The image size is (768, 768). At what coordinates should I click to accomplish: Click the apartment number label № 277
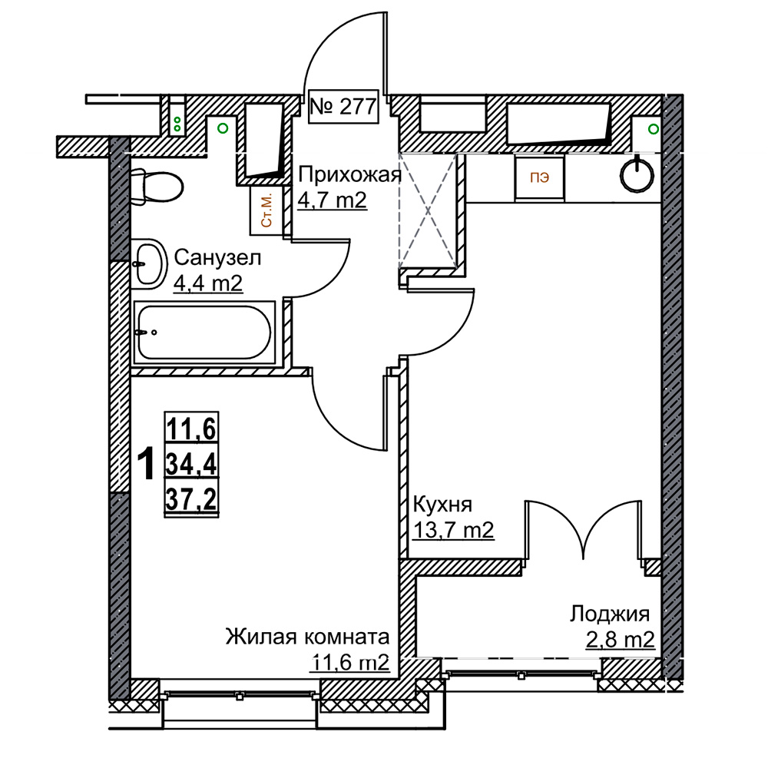tap(343, 106)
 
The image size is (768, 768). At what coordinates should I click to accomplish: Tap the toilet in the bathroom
tap(157, 187)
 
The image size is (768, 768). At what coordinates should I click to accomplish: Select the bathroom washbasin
tap(150, 264)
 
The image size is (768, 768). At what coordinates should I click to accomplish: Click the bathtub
tap(204, 333)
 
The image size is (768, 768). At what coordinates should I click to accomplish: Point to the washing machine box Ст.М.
tap(266, 210)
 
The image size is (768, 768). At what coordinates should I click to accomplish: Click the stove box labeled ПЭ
tap(539, 177)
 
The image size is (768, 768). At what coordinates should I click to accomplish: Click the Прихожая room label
tap(349, 174)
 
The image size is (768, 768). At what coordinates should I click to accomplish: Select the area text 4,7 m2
tap(332, 200)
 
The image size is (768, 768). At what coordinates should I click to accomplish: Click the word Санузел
tap(217, 257)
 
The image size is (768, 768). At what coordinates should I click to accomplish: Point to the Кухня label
tap(443, 504)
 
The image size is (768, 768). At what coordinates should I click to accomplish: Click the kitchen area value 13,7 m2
tap(454, 530)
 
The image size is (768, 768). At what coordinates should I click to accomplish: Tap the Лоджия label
tap(610, 614)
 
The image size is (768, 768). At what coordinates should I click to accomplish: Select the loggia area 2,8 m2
tap(620, 640)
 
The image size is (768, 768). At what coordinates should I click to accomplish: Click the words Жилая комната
tap(308, 637)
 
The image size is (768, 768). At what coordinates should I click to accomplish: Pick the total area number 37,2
tap(191, 500)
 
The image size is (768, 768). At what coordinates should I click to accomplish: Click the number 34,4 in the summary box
tap(191, 464)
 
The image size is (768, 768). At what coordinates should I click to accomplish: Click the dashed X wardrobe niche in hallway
tap(428, 211)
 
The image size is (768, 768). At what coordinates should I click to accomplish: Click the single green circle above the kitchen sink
tap(654, 129)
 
